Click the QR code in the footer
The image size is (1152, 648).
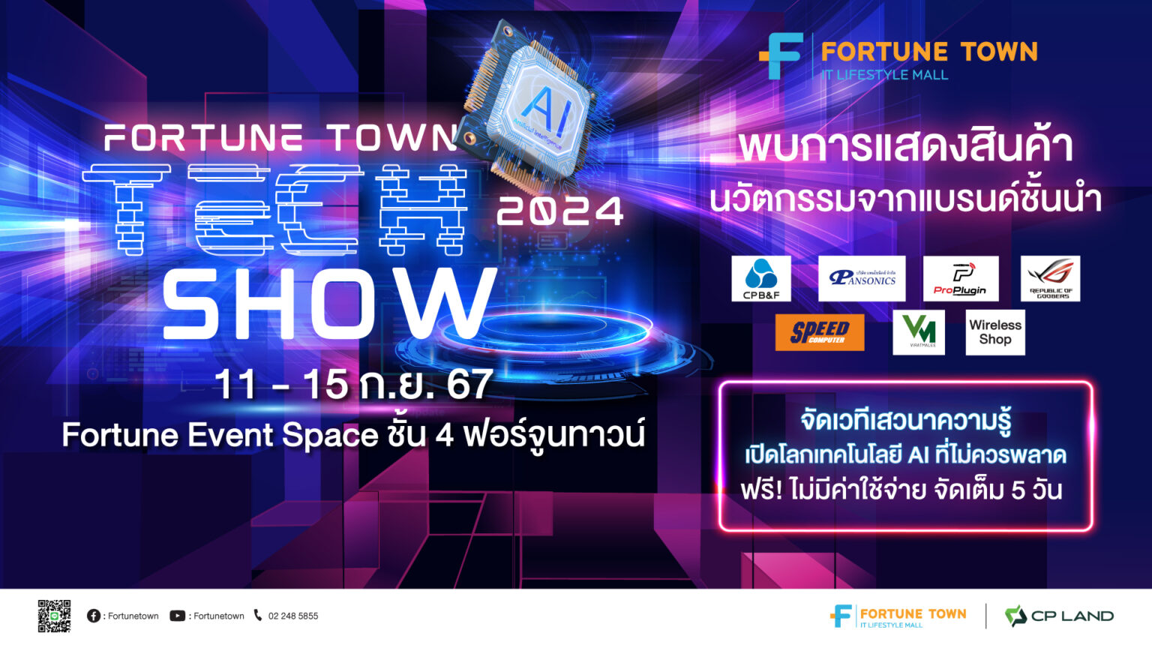(x=54, y=616)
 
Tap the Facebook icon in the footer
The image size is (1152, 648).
(x=94, y=616)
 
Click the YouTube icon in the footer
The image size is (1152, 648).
(x=177, y=616)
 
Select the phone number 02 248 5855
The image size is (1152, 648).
(x=292, y=616)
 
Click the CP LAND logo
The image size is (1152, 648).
(x=1059, y=616)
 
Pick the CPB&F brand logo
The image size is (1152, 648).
(x=761, y=279)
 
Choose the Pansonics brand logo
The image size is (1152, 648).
(x=862, y=279)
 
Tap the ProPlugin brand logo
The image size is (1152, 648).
(x=960, y=279)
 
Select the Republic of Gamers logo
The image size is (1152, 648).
(x=1050, y=279)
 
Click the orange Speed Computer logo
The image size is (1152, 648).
(x=820, y=332)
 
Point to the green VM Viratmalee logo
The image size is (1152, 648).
(x=919, y=332)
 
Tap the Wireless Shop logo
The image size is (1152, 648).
(x=994, y=332)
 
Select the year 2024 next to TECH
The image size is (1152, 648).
(x=560, y=211)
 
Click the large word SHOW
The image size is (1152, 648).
(x=328, y=304)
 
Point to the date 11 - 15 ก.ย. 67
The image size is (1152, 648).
(x=353, y=385)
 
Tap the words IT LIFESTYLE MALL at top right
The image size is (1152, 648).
(x=885, y=75)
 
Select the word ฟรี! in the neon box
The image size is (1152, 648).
(x=761, y=490)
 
